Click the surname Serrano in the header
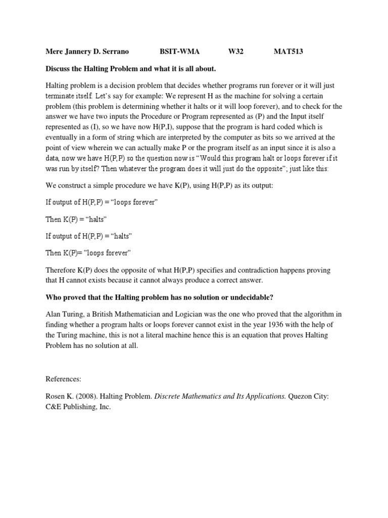tap(115, 52)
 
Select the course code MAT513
tap(288, 52)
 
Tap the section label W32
tap(236, 52)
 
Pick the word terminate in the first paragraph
tap(62, 96)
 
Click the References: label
tap(64, 378)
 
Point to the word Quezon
tap(303, 396)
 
